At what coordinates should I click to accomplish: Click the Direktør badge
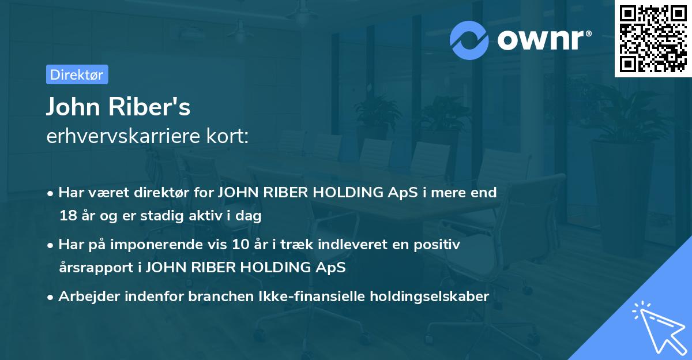point(77,74)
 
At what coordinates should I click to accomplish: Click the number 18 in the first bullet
point(67,216)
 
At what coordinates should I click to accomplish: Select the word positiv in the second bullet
point(441,245)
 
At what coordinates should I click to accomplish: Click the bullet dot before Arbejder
point(51,297)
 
